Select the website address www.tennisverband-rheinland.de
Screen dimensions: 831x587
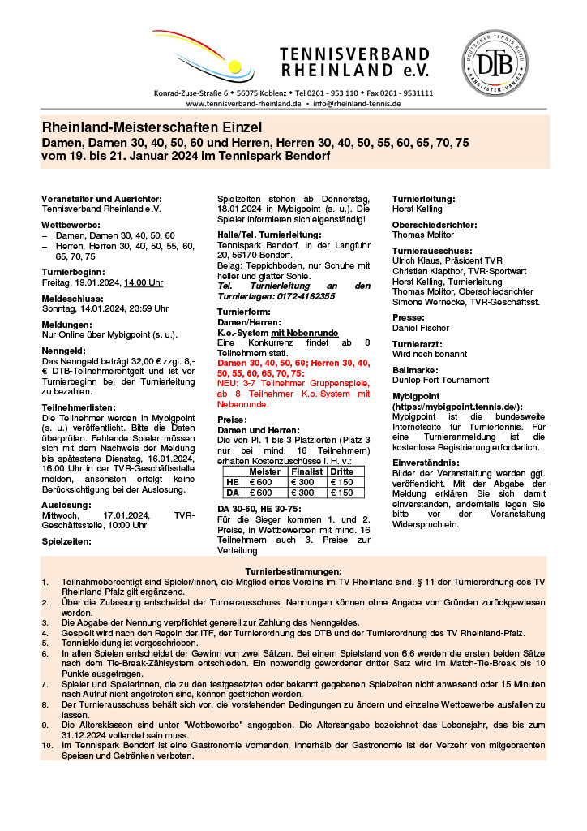tap(243, 104)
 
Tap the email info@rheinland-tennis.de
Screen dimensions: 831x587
tap(357, 104)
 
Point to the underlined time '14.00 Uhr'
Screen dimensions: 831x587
tap(144, 282)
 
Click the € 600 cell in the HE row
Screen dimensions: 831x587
tap(261, 482)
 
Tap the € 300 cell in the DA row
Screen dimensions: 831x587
tap(306, 493)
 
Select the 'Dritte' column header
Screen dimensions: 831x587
tap(341, 471)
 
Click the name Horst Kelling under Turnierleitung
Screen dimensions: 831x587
tap(418, 209)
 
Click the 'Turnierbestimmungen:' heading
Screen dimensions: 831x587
tap(293, 571)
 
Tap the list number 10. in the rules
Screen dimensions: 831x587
tap(47, 743)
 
